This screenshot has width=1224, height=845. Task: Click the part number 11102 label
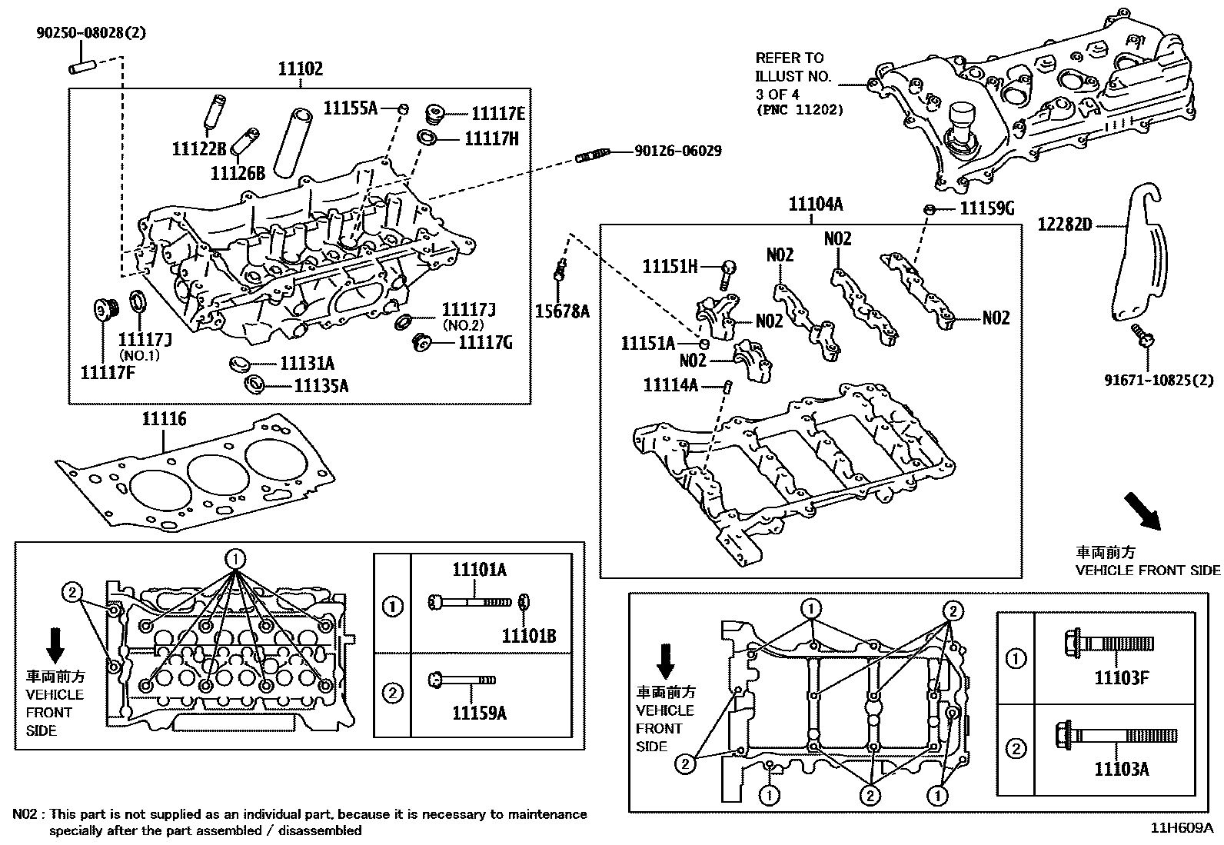pyautogui.click(x=301, y=68)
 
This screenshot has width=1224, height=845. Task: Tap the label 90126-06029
pyautogui.click(x=677, y=151)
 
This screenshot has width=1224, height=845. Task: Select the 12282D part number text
pyautogui.click(x=1065, y=225)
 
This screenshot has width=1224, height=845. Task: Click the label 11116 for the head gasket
pyautogui.click(x=163, y=419)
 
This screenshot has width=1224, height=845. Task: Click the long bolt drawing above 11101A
pyautogui.click(x=469, y=600)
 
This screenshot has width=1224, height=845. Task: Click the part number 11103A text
pyautogui.click(x=1122, y=768)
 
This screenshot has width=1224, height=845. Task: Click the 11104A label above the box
pyautogui.click(x=816, y=204)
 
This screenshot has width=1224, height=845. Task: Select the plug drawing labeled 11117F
pyautogui.click(x=104, y=311)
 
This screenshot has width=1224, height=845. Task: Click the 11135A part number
pyautogui.click(x=321, y=385)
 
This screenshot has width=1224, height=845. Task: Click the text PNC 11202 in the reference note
pyautogui.click(x=799, y=110)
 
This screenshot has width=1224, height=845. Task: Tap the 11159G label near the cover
pyautogui.click(x=987, y=208)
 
